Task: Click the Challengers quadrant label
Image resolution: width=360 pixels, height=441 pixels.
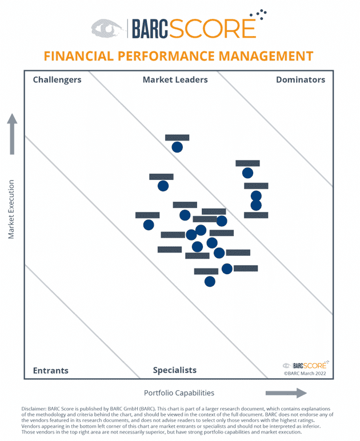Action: pos(57,80)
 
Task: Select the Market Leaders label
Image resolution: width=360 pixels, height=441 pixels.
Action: pos(175,80)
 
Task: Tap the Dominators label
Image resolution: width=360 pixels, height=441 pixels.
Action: pos(300,80)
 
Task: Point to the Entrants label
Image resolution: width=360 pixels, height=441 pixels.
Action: pos(50,370)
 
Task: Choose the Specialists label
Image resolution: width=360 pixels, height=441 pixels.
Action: pos(174,370)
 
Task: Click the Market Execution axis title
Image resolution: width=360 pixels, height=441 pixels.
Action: pos(11,210)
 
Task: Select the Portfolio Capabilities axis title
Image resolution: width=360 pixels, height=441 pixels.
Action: pos(179,393)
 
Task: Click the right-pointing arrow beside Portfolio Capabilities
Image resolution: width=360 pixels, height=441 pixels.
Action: pos(286,393)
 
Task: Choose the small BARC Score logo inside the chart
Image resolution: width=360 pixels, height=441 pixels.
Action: pos(306,365)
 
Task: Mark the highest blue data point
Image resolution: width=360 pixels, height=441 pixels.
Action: pos(177,147)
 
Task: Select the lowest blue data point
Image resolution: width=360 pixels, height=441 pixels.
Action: pos(210,281)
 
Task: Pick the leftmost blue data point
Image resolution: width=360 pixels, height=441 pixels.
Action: pos(149,224)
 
